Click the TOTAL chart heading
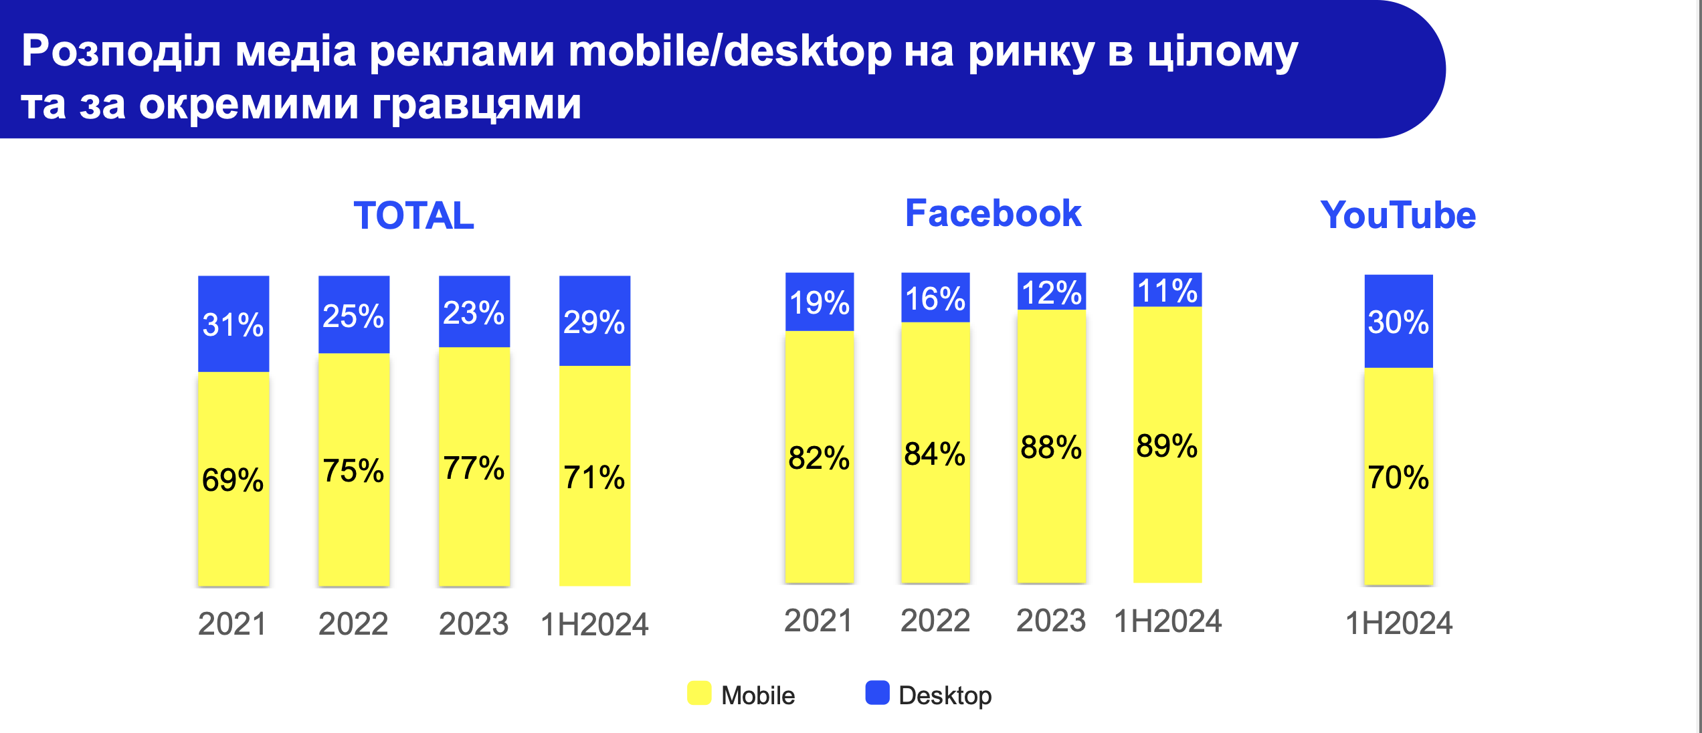(413, 215)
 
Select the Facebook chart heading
(993, 213)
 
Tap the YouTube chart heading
(1398, 215)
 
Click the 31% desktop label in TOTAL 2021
(233, 325)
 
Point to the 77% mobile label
(474, 467)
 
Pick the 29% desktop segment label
(594, 322)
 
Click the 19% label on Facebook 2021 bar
(820, 302)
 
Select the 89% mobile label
(1167, 445)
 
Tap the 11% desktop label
(1167, 291)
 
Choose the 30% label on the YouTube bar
(1398, 322)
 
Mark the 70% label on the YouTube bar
(1398, 478)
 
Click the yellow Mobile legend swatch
(699, 693)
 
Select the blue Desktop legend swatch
(877, 693)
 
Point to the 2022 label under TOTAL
(353, 624)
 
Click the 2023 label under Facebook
(1051, 621)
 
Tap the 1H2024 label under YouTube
(1399, 623)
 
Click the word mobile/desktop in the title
(730, 51)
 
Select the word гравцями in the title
(476, 104)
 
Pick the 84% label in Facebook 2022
(935, 453)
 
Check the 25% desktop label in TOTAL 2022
(353, 316)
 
